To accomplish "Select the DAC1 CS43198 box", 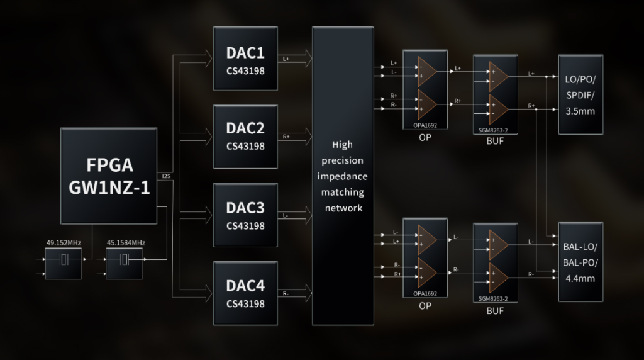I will click(245, 59).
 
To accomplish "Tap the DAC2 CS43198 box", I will click(245, 137).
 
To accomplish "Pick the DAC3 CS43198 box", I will click(245, 215).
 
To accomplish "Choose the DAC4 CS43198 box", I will click(245, 293).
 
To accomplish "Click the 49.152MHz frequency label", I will click(64, 242).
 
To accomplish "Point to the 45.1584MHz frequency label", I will click(125, 242).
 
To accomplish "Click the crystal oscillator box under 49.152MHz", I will click(64, 263).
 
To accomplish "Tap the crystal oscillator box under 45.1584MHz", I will click(125, 263).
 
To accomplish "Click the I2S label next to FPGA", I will click(166, 176).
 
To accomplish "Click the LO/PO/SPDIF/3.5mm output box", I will click(580, 94).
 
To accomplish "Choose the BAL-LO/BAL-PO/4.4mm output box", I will click(580, 261).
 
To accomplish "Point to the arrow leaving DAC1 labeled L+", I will click(296, 59).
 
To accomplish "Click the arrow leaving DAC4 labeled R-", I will click(296, 293).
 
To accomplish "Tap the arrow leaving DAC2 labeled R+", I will click(296, 137).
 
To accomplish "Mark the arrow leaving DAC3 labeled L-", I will click(296, 215).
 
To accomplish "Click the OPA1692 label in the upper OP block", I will click(425, 126).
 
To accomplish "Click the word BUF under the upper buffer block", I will click(495, 142).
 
